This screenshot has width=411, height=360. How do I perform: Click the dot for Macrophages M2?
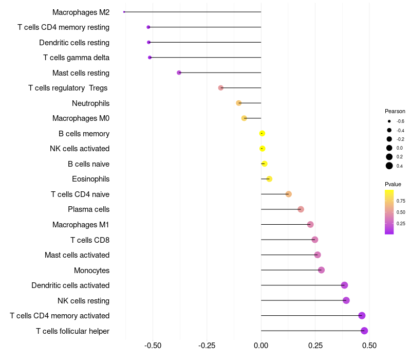(x=124, y=12)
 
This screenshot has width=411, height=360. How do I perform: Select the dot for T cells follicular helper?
(x=364, y=331)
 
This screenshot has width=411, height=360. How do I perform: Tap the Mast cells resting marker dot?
(x=179, y=73)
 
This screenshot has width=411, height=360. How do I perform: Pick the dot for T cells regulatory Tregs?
(x=221, y=88)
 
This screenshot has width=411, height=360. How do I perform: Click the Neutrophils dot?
(x=238, y=103)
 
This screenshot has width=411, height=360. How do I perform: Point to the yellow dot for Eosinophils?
(x=269, y=179)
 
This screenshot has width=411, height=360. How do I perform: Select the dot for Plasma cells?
(x=301, y=209)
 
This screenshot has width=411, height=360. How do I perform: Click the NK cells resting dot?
(x=346, y=300)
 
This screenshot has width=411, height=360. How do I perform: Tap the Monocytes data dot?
(x=321, y=270)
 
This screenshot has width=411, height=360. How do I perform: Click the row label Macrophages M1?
(x=81, y=225)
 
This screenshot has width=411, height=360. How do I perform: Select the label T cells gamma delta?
(x=76, y=58)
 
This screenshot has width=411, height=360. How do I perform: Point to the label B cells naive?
(x=88, y=164)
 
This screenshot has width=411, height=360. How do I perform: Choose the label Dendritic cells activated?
(x=70, y=285)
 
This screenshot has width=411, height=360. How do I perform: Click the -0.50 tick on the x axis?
(x=153, y=345)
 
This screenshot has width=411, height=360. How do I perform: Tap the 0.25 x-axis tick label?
(x=315, y=345)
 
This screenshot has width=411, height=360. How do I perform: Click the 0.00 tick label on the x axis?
(x=261, y=345)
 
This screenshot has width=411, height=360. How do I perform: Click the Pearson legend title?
(x=395, y=111)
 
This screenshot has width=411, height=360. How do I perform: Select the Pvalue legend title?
(x=393, y=184)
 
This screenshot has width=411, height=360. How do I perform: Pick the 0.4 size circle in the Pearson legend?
(x=389, y=166)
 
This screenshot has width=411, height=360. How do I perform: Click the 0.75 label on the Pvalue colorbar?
(x=401, y=201)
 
